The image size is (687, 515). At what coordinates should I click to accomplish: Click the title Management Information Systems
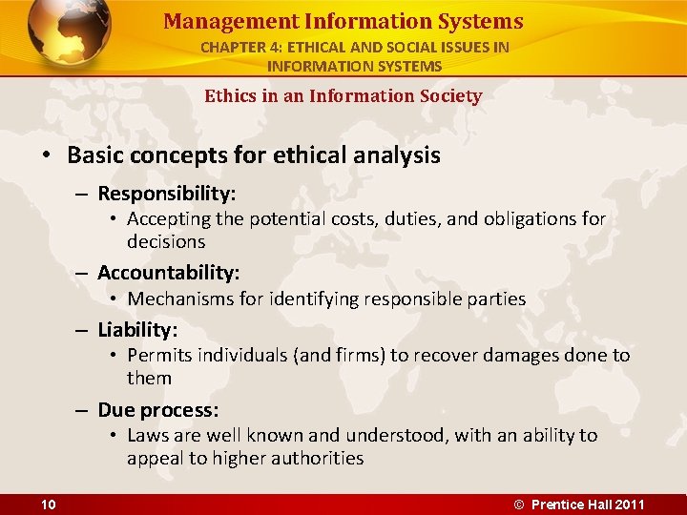pyautogui.click(x=343, y=21)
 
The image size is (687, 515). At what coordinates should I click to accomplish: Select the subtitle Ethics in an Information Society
pyautogui.click(x=343, y=95)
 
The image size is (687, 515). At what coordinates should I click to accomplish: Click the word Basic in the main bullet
pyautogui.click(x=97, y=155)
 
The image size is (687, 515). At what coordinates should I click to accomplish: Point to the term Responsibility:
pyautogui.click(x=167, y=194)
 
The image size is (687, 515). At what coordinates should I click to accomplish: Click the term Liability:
pyautogui.click(x=137, y=330)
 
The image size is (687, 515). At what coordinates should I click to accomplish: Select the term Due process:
pyautogui.click(x=158, y=410)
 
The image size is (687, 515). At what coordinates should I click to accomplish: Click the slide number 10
pyautogui.click(x=49, y=505)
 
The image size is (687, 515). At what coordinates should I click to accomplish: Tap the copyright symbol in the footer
pyautogui.click(x=519, y=505)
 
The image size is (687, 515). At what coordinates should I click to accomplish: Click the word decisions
pyautogui.click(x=166, y=242)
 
